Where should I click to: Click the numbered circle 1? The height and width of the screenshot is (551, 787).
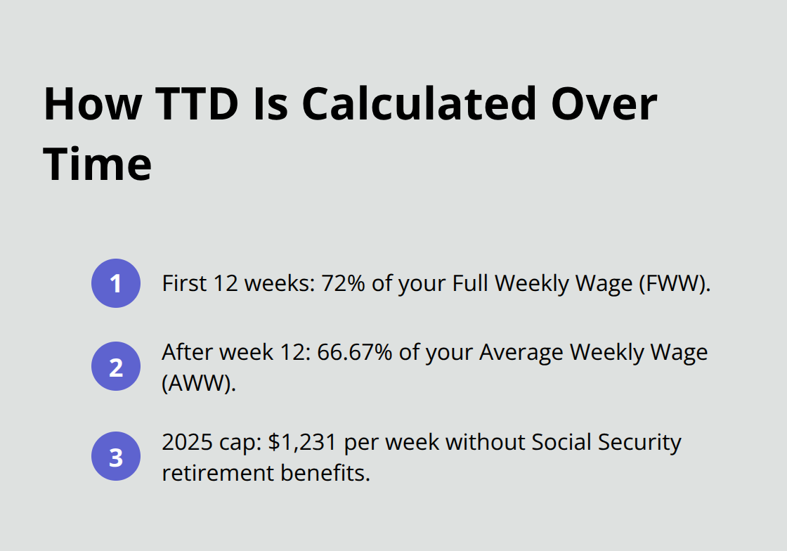(x=116, y=283)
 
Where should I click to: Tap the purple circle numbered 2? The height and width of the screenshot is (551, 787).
(x=116, y=366)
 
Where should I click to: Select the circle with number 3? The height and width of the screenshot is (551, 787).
(x=116, y=456)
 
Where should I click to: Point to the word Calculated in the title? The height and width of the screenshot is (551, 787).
(x=417, y=104)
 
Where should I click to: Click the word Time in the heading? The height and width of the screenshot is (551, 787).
(x=98, y=164)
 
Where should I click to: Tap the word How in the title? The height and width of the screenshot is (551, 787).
(x=89, y=104)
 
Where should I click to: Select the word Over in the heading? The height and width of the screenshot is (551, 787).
(x=602, y=104)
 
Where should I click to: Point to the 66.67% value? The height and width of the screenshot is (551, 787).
(x=355, y=351)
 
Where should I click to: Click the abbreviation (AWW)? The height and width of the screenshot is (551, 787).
(x=199, y=383)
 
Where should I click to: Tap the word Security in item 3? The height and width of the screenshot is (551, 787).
(x=643, y=442)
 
